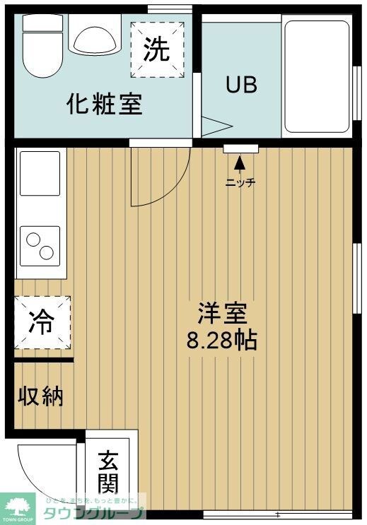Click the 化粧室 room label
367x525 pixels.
pyautogui.click(x=105, y=105)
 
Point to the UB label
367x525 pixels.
pyautogui.click(x=241, y=85)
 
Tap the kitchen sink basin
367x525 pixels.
pyautogui.click(x=40, y=173)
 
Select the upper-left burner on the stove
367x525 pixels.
pyautogui.click(x=33, y=240)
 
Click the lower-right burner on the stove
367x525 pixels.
pyautogui.click(x=47, y=252)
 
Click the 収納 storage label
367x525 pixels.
pyautogui.click(x=40, y=396)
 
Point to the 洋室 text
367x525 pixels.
pyautogui.click(x=221, y=312)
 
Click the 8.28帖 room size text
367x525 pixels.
pyautogui.click(x=221, y=341)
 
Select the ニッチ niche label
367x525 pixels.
pyautogui.click(x=240, y=183)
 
